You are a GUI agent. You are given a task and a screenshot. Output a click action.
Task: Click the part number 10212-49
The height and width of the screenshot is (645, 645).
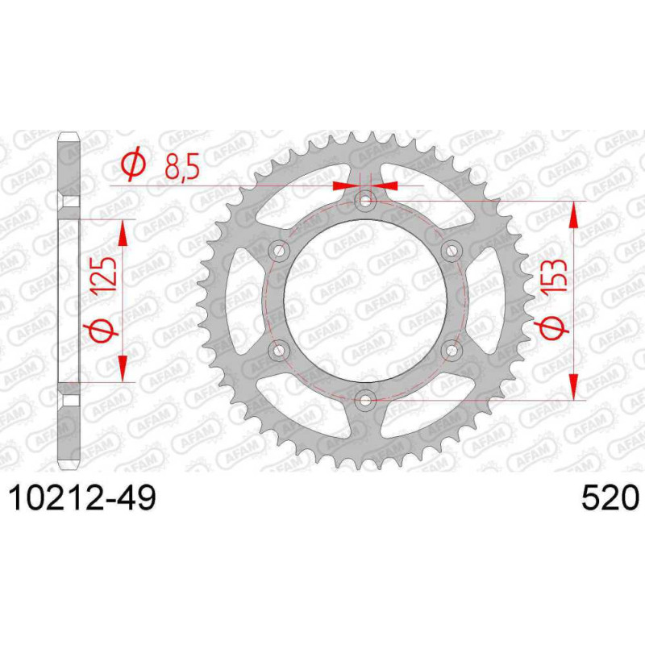tap(83, 498)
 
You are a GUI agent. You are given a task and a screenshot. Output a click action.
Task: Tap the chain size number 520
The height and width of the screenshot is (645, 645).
tap(610, 498)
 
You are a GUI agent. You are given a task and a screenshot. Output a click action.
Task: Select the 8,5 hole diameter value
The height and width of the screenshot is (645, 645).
tap(182, 165)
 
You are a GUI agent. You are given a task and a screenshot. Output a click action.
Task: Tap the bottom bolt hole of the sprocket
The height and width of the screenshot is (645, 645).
tap(365, 399)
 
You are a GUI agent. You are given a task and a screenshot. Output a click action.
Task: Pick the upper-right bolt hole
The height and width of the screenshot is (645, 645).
tap(451, 251)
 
